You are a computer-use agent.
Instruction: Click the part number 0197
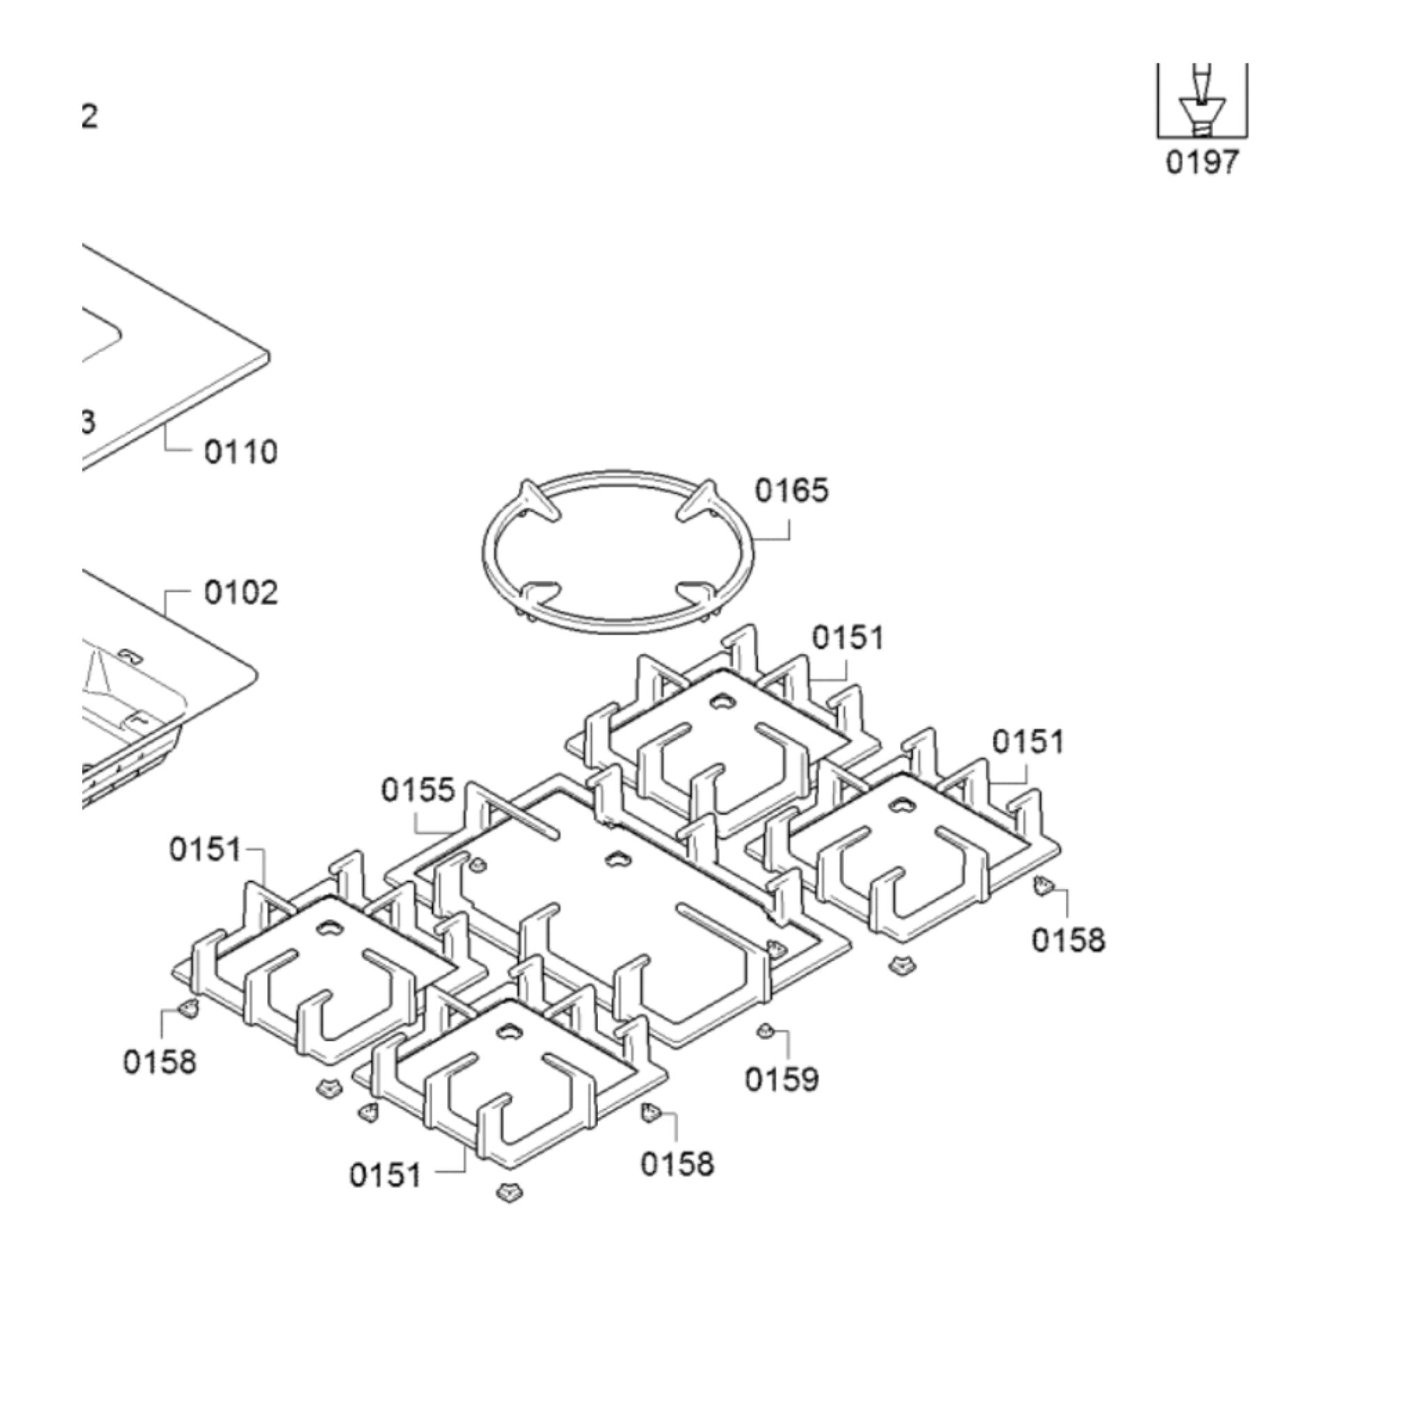point(1202,162)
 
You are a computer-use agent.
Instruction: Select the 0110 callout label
point(241,452)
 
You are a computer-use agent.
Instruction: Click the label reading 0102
point(241,593)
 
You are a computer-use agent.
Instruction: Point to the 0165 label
point(792,490)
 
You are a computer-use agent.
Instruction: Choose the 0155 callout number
point(418,789)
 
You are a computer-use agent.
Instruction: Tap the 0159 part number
point(781,1078)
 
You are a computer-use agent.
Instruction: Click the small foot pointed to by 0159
point(765,1030)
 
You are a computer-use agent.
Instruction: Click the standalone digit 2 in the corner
point(89,116)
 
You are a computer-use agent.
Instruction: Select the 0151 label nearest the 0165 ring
point(848,638)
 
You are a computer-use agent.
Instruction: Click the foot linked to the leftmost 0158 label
point(188,1009)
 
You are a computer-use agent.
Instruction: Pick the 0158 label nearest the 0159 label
point(677,1164)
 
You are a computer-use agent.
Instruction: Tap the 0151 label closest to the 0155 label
point(205,849)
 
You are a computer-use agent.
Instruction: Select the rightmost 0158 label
point(1068,939)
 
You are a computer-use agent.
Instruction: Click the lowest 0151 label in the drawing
point(385,1175)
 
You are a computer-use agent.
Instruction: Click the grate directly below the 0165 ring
point(723,738)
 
